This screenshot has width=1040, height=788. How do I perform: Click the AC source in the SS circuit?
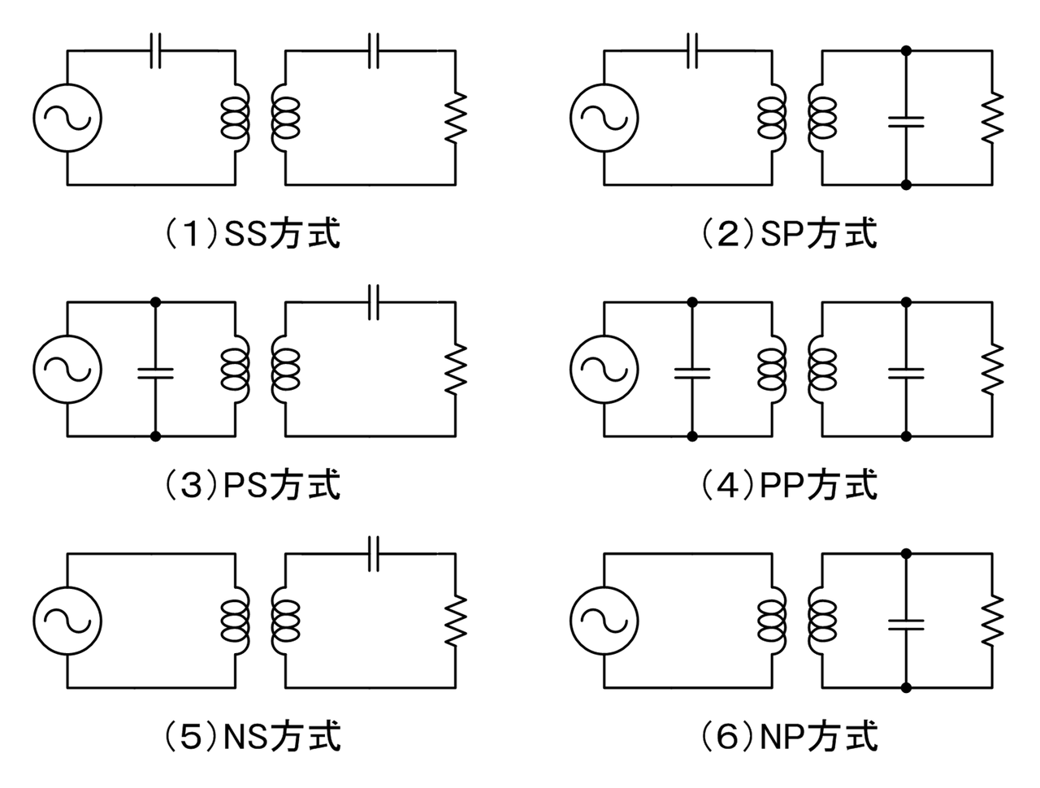68,118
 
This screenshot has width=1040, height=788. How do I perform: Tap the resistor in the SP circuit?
992,119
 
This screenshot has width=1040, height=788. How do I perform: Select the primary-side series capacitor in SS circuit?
157,50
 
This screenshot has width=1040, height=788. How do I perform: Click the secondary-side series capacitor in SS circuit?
373,50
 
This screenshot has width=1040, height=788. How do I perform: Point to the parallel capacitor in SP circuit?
906,121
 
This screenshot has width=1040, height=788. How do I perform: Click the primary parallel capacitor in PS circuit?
156,372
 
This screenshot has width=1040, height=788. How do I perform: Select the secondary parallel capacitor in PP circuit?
906,372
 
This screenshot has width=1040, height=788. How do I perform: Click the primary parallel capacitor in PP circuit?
691,372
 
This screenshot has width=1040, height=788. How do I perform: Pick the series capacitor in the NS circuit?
373,554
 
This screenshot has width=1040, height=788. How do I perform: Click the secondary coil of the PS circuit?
284,370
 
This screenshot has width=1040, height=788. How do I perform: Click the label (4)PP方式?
789,486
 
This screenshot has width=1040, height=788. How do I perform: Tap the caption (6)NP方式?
789,737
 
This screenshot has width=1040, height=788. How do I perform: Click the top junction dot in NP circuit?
906,553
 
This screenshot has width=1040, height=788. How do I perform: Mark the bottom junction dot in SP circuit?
906,185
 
